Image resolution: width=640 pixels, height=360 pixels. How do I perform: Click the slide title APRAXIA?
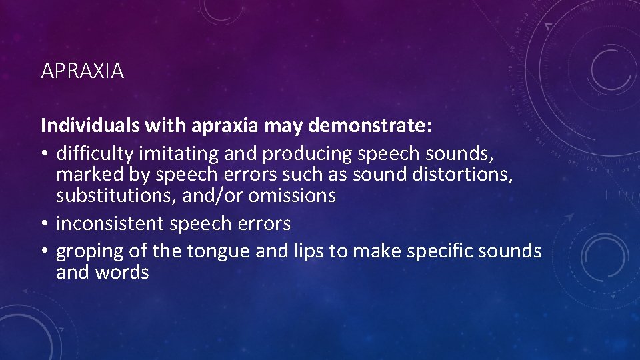pos(82,71)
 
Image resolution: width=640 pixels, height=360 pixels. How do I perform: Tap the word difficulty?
pos(94,154)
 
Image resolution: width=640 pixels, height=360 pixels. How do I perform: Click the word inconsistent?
pos(110,223)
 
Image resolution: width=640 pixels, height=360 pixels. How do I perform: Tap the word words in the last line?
pos(122,273)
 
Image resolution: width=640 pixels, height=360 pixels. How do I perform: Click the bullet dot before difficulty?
pos(45,155)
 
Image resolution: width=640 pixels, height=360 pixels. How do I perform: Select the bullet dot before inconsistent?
pos(45,224)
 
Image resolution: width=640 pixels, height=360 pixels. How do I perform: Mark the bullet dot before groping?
pos(45,252)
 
